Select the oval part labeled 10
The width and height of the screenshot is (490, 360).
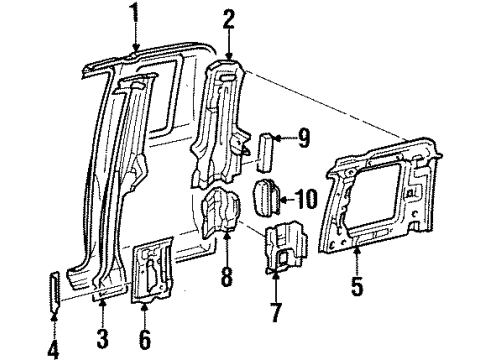coord(268,197)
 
